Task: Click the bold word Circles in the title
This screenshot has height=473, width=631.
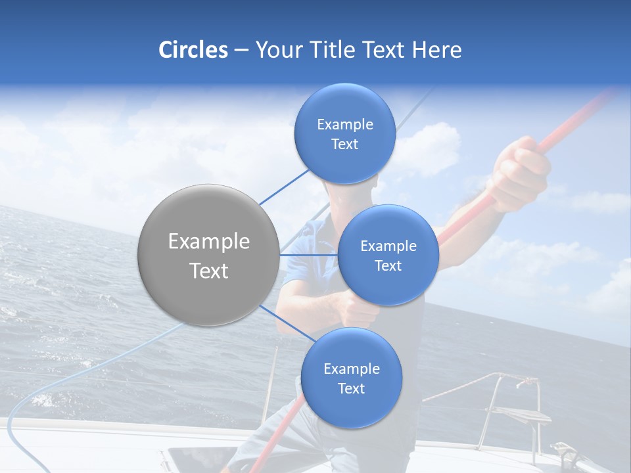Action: [193, 50]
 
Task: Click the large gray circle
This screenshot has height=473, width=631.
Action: [208, 255]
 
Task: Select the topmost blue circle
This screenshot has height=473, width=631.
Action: [344, 134]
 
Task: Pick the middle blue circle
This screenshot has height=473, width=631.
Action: [388, 256]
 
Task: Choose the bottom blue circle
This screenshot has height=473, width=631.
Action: [351, 378]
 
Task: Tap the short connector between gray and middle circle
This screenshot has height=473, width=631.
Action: [308, 255]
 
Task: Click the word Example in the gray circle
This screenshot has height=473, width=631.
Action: [208, 242]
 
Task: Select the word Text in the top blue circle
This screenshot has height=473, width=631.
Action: [344, 145]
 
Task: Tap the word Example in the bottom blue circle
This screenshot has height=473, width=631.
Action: [351, 369]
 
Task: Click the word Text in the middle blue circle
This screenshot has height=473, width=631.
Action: [388, 266]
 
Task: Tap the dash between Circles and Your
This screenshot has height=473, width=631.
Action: [241, 50]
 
